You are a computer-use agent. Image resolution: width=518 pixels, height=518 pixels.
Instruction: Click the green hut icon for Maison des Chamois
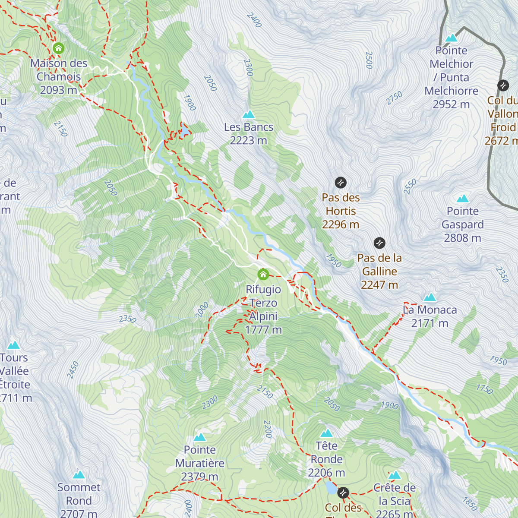[58, 48]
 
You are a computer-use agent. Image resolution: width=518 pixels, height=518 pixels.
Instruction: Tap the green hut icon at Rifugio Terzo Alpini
[263, 274]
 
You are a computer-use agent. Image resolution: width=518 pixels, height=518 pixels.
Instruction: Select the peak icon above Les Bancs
[249, 114]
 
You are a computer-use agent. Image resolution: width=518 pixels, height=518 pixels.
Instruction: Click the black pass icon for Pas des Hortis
[341, 183]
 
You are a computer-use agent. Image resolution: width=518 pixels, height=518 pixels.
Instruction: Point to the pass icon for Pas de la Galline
[379, 243]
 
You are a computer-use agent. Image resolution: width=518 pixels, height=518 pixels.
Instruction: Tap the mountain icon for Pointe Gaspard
[463, 199]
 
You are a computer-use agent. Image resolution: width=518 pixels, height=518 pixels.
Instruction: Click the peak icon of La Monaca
[430, 297]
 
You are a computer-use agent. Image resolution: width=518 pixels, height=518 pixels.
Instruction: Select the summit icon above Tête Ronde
[326, 433]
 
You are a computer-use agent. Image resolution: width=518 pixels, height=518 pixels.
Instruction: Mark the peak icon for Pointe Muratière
[199, 437]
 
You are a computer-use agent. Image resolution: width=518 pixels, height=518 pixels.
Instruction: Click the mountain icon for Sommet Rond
[79, 475]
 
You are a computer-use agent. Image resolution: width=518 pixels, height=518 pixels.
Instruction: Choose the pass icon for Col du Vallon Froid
[503, 85]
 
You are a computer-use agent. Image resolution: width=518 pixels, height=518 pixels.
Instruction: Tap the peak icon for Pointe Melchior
[452, 38]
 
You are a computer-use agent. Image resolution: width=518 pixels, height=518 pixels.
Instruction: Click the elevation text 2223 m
[249, 141]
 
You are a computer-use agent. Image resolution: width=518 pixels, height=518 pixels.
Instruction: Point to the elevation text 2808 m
[462, 238]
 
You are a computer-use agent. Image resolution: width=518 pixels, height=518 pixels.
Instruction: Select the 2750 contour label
[394, 98]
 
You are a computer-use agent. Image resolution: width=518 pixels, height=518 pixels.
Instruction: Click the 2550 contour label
[410, 186]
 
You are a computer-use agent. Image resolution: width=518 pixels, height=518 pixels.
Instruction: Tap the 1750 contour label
[484, 389]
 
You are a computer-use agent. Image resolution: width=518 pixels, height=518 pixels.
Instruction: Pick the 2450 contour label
[73, 370]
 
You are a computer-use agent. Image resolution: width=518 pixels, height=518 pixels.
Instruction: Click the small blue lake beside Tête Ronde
[331, 488]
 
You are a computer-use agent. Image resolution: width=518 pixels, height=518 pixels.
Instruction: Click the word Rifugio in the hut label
[263, 289]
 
